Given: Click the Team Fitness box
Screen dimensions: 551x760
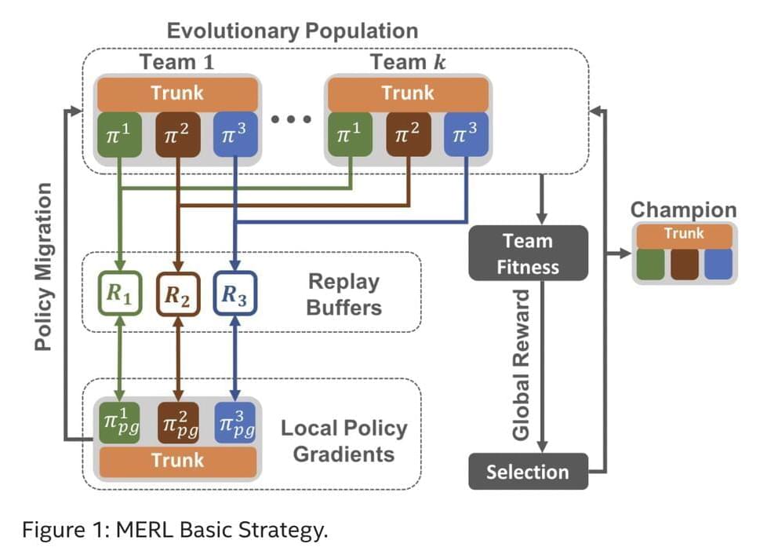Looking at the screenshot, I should click(x=528, y=253).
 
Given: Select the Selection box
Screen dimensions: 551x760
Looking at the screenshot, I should click(x=528, y=472).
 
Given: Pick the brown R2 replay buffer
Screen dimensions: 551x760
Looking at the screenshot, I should click(x=178, y=294).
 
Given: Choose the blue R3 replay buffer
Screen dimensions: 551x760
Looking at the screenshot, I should click(x=235, y=294).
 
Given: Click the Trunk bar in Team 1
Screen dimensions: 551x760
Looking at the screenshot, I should click(x=177, y=93).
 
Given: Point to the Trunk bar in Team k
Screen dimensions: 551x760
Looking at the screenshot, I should click(x=408, y=93).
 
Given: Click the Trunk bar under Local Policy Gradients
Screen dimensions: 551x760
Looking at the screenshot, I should click(x=177, y=461).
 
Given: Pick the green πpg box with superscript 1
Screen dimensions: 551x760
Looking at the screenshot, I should click(x=119, y=424).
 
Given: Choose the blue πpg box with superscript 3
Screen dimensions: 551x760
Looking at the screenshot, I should click(x=235, y=424).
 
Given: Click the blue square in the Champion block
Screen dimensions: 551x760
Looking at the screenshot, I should click(x=718, y=265).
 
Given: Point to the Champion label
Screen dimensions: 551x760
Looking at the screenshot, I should click(x=683, y=210).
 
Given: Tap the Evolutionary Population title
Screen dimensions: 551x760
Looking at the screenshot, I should click(x=293, y=31).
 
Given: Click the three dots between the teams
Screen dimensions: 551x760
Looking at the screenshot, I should click(x=292, y=120).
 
